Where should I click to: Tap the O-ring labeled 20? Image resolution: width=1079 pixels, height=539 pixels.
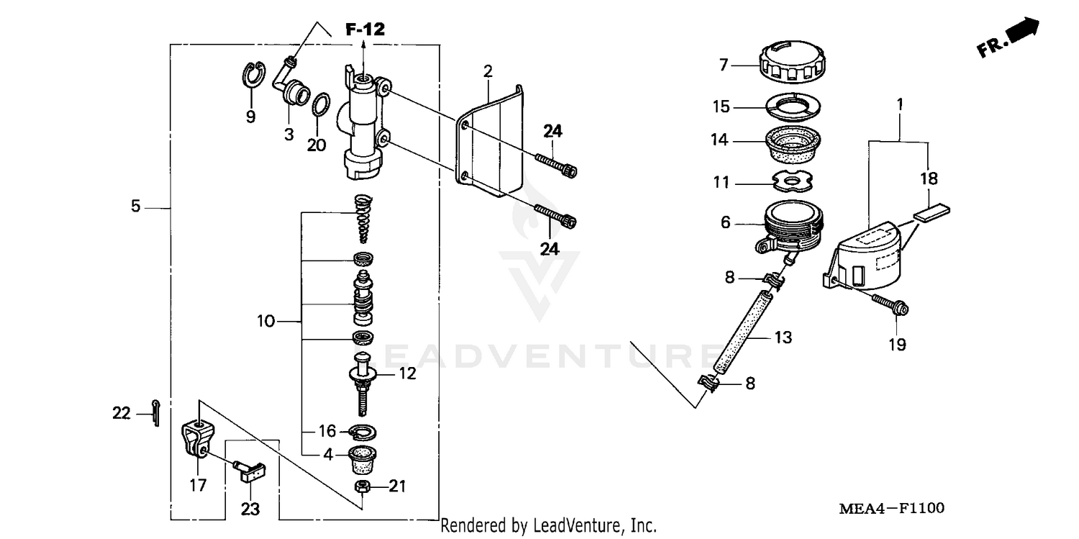point(323,104)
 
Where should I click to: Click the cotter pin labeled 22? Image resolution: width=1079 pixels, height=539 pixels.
point(156,412)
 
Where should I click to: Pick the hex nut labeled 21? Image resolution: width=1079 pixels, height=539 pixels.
point(364,486)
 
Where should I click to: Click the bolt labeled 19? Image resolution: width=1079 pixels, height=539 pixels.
point(889,304)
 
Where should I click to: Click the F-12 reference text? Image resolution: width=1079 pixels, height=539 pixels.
point(365,30)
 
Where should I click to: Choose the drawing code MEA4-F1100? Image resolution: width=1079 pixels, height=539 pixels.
point(891,509)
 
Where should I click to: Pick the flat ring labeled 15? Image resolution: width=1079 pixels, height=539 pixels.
point(791,107)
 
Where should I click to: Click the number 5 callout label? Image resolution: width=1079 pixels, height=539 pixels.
point(135,207)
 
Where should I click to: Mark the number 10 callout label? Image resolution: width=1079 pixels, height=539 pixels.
point(265,321)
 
